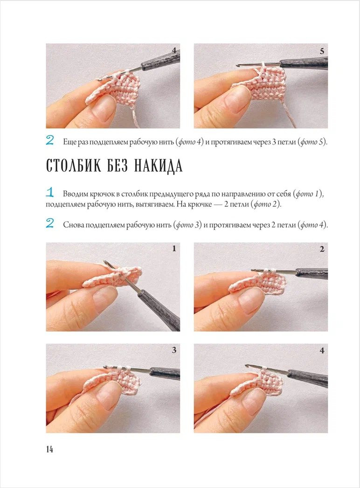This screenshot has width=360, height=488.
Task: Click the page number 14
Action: pos(49,449)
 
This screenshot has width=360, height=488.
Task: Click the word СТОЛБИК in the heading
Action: pos(74,165)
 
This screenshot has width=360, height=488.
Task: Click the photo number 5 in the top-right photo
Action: pos(322,51)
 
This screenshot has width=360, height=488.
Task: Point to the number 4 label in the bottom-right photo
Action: pos(322,351)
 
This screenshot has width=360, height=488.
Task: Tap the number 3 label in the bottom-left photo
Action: pos(174,350)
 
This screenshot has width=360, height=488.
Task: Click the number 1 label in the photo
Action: pos(174,248)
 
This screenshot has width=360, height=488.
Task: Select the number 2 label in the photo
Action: pos(322,249)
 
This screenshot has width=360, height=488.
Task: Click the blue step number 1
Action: pos(50,192)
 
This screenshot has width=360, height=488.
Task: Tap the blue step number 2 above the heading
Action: pos(50,140)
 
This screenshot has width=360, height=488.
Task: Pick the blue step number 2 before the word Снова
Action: pos(50,223)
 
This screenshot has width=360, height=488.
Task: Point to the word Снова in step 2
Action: pos(74,225)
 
